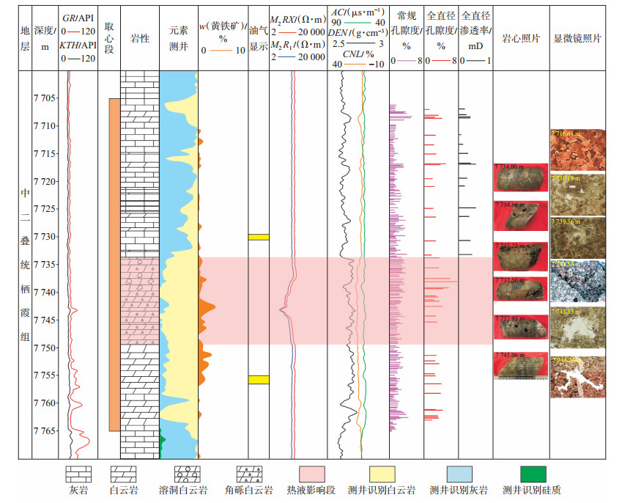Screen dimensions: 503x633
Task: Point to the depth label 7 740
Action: (x=45, y=293)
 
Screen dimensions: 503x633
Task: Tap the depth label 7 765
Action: (x=45, y=430)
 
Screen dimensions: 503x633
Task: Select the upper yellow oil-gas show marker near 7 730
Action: (x=259, y=237)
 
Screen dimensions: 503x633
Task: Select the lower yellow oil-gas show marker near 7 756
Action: (x=259, y=379)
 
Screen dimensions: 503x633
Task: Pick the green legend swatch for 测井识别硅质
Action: (x=533, y=473)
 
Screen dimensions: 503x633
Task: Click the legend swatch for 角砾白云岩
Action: (x=250, y=473)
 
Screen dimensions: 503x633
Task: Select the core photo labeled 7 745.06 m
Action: (x=520, y=366)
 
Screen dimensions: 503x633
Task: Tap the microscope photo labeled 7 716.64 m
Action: (x=577, y=150)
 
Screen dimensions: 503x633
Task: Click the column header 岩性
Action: (x=140, y=39)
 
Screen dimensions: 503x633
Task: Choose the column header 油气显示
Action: (x=259, y=39)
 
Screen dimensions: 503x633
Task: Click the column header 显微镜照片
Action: (x=577, y=39)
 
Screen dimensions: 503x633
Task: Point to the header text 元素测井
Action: (x=178, y=39)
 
